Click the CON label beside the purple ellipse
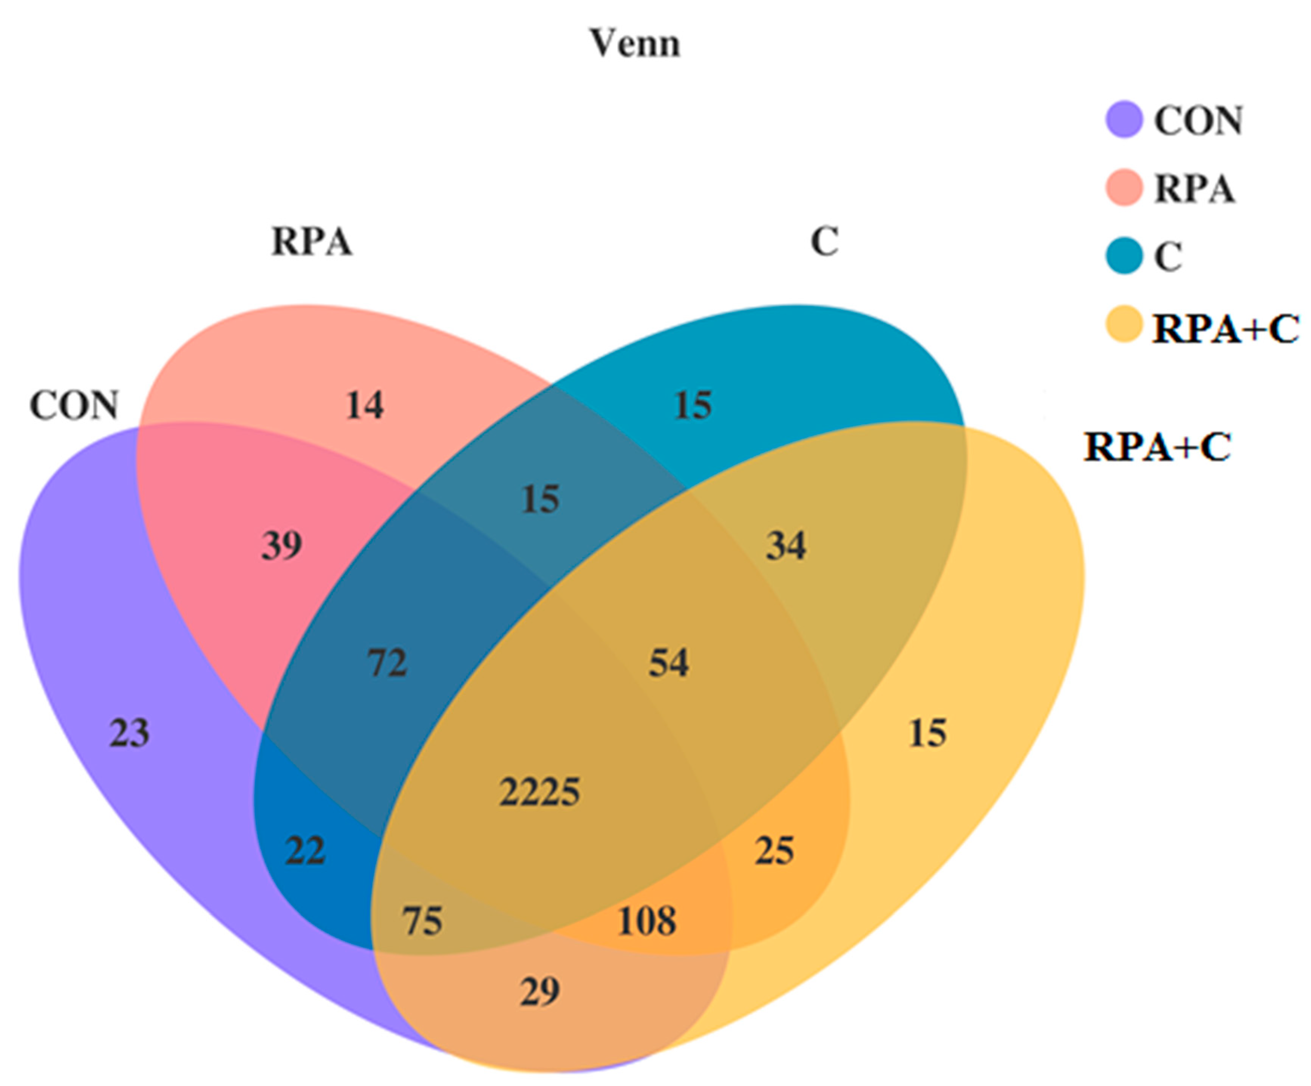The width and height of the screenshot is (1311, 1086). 74,405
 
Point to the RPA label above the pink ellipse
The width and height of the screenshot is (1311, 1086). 312,242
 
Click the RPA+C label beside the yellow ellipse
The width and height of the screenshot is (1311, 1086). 1157,447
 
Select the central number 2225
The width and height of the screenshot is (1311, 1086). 540,792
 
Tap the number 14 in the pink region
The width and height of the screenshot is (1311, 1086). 365,405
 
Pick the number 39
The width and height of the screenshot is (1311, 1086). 281,545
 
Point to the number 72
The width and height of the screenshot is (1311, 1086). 387,663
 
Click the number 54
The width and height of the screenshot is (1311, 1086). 669,663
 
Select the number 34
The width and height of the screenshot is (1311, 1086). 786,545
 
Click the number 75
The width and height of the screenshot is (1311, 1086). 423,920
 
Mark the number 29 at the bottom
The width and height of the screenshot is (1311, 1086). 540,991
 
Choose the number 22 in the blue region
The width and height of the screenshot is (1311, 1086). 305,851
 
